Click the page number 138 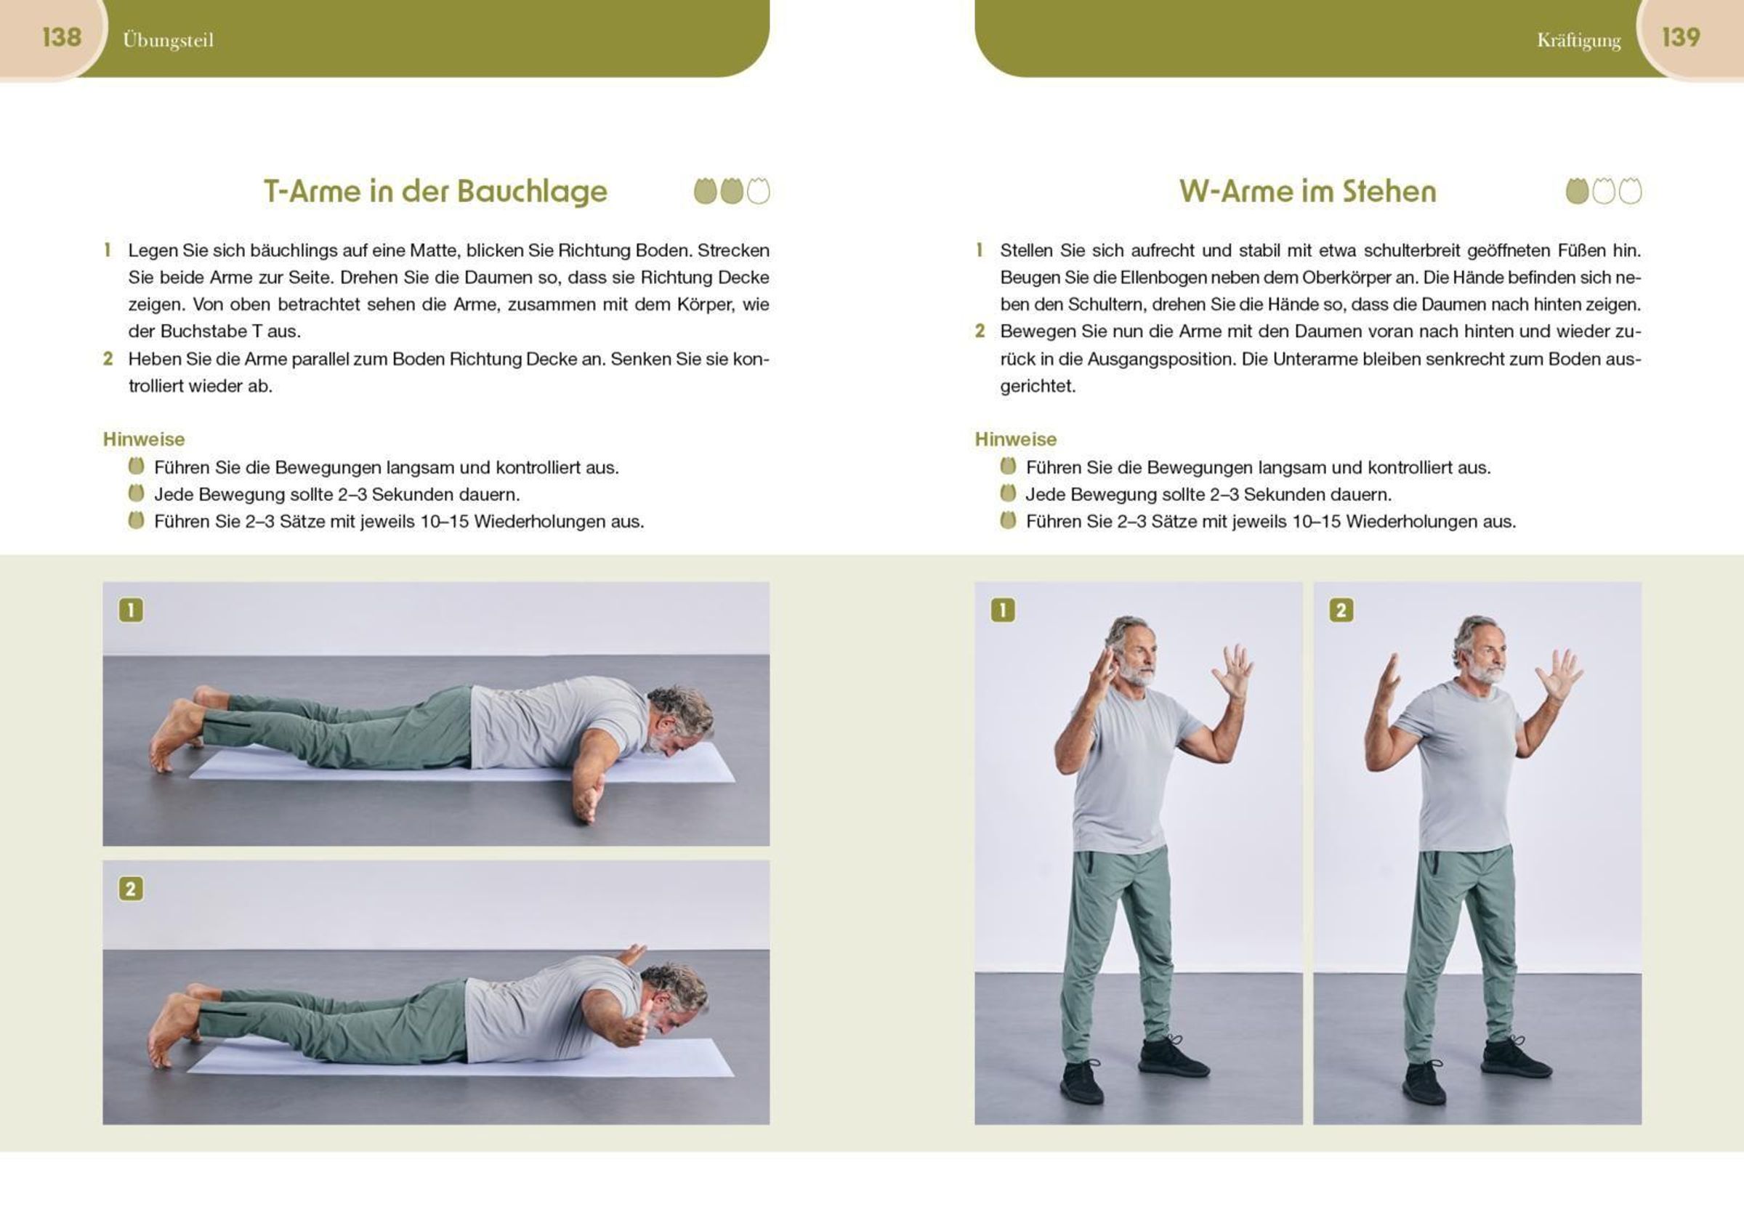click(x=62, y=37)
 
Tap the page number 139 click(x=1681, y=37)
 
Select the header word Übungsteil click(x=168, y=40)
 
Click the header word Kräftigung click(x=1578, y=40)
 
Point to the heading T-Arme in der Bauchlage click(x=435, y=191)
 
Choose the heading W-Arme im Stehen click(x=1308, y=191)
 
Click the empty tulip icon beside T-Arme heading click(x=758, y=190)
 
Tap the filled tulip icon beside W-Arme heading click(x=1577, y=190)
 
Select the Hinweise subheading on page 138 click(x=144, y=439)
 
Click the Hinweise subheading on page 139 click(x=1016, y=439)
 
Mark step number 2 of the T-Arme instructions click(x=108, y=358)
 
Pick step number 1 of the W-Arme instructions click(x=979, y=250)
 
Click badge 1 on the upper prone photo click(x=131, y=610)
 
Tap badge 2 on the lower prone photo click(x=131, y=889)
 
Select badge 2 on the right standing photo click(x=1341, y=610)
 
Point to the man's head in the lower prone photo click(x=675, y=994)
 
